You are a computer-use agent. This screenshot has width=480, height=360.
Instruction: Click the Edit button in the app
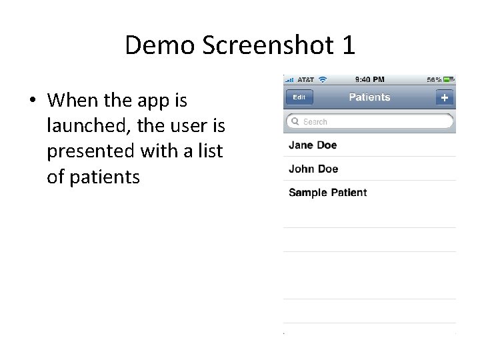299,97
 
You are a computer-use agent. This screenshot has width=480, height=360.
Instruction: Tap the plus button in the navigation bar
445,97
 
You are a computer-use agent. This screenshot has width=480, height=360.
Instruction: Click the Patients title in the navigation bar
369,97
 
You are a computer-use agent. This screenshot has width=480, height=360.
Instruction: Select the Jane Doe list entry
313,145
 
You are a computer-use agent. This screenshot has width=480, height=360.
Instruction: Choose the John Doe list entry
313,169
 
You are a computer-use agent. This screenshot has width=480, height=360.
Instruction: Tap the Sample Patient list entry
327,193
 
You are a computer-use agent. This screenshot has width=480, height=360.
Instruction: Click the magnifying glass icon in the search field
294,122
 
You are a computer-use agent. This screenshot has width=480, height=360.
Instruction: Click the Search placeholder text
315,122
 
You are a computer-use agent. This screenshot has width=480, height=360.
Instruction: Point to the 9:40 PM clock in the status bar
370,79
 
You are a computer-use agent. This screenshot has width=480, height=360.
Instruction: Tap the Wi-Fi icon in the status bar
323,79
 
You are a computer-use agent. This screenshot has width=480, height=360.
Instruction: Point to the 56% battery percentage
434,79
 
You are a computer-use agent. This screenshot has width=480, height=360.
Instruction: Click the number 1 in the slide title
347,45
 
